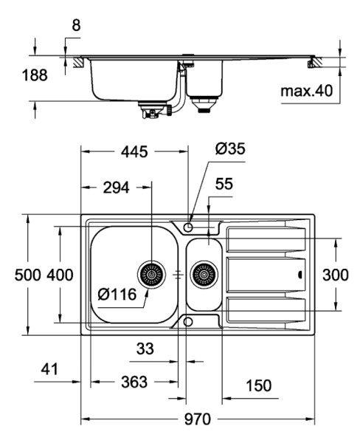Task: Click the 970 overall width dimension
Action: (198, 419)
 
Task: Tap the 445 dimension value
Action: (134, 151)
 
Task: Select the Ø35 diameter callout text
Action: (230, 148)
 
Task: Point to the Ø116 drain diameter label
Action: (117, 295)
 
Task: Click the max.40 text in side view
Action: (307, 91)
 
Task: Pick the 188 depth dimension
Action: (35, 75)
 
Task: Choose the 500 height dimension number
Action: (28, 275)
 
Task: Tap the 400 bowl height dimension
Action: (60, 275)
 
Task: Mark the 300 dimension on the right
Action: (336, 275)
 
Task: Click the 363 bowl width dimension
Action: (134, 382)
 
